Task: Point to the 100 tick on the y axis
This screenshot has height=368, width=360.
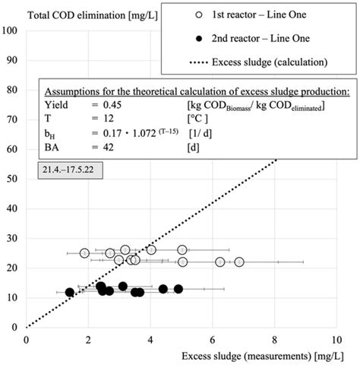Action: pyautogui.click(x=14, y=30)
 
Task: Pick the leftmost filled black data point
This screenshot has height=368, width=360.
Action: pyautogui.click(x=70, y=292)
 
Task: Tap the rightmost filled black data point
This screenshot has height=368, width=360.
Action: pyautogui.click(x=178, y=289)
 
